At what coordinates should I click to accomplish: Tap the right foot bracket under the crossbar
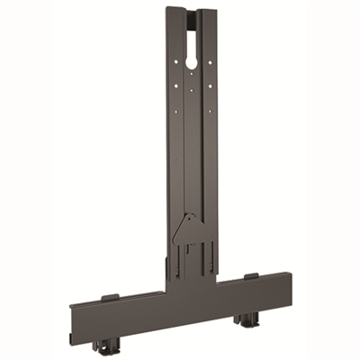[245, 319]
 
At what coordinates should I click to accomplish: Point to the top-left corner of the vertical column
[166, 10]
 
